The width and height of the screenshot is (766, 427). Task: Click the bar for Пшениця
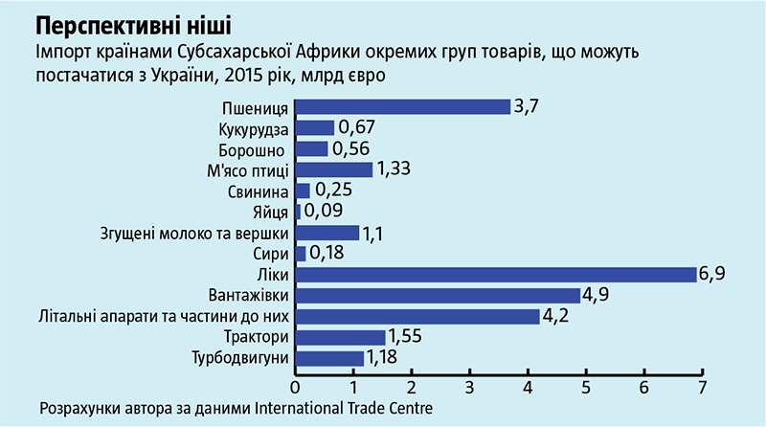(x=402, y=107)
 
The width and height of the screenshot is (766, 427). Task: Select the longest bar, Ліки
(x=496, y=275)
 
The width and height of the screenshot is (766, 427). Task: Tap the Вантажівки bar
(x=438, y=296)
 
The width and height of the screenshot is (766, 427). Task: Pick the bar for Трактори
(x=340, y=337)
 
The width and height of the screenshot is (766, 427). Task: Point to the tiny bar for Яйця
(x=298, y=212)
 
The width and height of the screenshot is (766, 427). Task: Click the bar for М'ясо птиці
(x=333, y=170)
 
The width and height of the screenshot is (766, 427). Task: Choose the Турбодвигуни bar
(x=329, y=358)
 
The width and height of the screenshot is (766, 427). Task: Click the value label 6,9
(x=712, y=275)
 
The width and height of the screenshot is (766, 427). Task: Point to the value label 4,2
(x=557, y=316)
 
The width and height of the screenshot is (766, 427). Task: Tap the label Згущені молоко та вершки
(x=195, y=233)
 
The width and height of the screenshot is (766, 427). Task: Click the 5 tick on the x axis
(x=586, y=387)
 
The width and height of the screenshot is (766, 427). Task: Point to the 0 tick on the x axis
(x=295, y=387)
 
